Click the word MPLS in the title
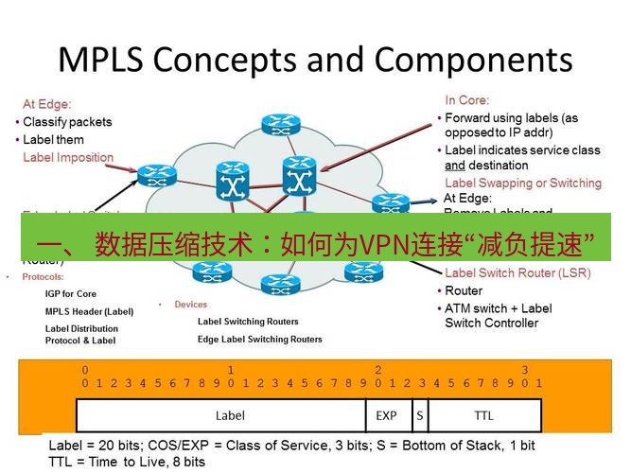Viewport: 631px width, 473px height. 100,59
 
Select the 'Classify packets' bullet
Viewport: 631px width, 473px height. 66,122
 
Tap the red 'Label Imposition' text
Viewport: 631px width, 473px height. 68,157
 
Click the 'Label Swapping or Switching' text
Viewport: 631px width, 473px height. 522,183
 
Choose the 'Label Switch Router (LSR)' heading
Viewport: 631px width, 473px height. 518,272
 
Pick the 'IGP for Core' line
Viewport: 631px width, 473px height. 71,293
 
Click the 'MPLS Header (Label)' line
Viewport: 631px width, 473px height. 89,311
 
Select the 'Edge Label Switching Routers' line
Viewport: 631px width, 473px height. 259,339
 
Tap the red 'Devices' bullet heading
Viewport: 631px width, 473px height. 190,305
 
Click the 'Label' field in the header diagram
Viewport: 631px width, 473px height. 230,415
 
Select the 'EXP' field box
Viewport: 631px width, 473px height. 386,415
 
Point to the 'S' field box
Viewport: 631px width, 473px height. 419,415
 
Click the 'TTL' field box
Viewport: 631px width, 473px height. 483,415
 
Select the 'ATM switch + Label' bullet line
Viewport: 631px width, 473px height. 498,308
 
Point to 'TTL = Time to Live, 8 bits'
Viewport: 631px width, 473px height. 127,461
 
